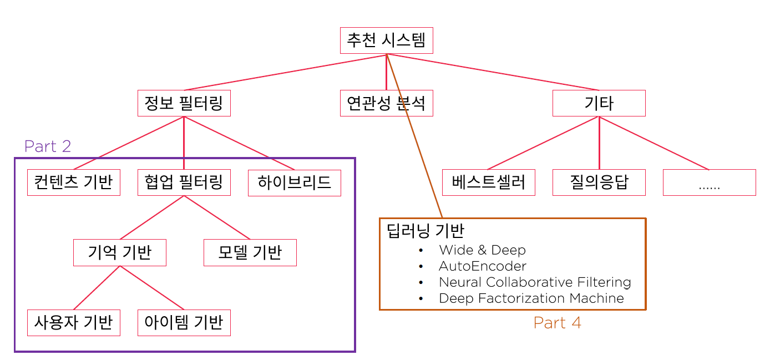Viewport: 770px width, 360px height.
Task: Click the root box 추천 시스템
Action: pos(386,40)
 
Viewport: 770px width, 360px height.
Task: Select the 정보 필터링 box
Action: pos(184,103)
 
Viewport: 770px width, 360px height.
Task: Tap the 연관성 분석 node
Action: pos(386,103)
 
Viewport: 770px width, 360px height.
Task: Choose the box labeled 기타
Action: pos(599,103)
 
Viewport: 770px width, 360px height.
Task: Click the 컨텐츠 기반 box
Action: pos(73,182)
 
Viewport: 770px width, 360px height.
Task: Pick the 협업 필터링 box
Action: pos(184,182)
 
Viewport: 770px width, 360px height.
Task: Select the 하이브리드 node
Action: pos(294,182)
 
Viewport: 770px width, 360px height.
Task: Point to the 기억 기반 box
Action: pos(119,252)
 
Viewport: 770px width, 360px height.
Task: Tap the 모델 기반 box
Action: pos(250,252)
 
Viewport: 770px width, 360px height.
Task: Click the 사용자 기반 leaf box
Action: pos(73,322)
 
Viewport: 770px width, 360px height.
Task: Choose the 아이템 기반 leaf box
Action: pos(184,322)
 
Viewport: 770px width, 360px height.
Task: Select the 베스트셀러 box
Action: pos(488,182)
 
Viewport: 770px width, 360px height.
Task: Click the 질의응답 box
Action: pos(599,182)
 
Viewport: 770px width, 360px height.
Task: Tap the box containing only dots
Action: pos(709,182)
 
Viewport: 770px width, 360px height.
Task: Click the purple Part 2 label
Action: pos(48,146)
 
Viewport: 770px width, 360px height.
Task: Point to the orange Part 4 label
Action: pos(557,323)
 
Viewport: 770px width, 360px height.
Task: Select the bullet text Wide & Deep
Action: pos(482,250)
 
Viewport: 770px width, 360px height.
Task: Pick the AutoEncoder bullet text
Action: pos(483,266)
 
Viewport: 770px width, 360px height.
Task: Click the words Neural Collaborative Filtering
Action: pos(535,282)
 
